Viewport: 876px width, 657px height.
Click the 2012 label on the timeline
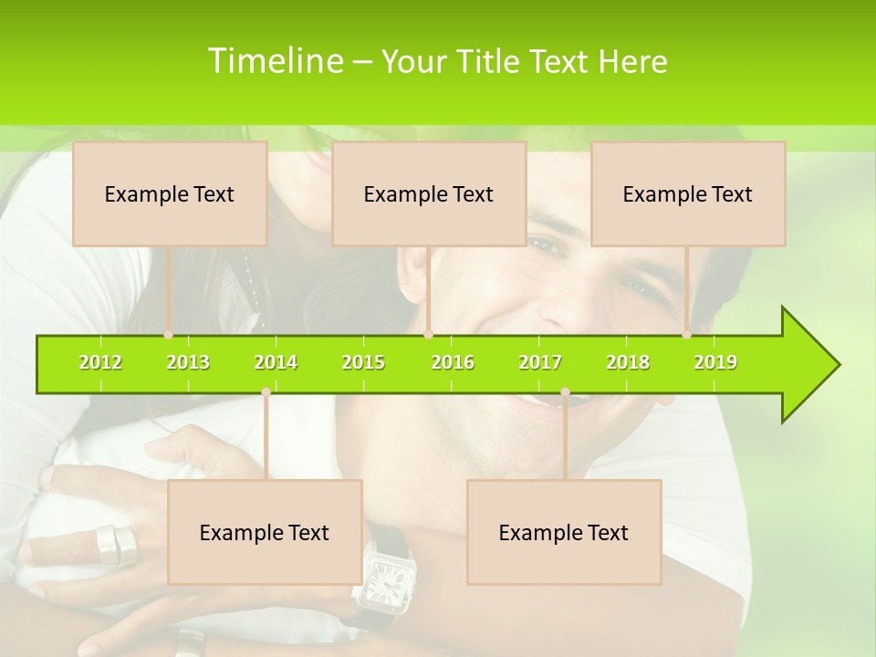(x=100, y=362)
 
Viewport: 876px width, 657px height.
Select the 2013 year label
(x=188, y=362)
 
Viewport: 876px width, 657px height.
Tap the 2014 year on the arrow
(x=276, y=362)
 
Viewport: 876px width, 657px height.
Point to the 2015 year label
(x=363, y=362)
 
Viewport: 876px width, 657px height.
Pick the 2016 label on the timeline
(x=453, y=362)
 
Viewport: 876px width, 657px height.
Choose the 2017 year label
(x=540, y=362)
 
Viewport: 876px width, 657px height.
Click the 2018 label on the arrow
(x=628, y=362)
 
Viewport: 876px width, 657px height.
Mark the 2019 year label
(x=715, y=362)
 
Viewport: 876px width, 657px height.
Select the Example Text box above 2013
(x=170, y=193)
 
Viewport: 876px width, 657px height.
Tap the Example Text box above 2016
(x=429, y=193)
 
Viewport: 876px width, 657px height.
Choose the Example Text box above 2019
(x=688, y=193)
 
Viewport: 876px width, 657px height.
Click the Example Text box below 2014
(x=265, y=532)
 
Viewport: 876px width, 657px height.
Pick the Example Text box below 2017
(x=564, y=532)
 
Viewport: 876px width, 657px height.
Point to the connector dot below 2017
(x=565, y=392)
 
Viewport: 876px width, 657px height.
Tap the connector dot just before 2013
(x=168, y=335)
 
